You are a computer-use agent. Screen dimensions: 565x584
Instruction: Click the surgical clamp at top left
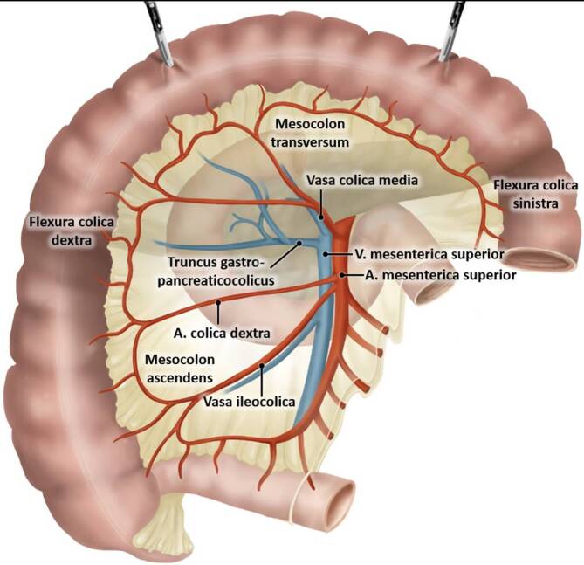[158, 27]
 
